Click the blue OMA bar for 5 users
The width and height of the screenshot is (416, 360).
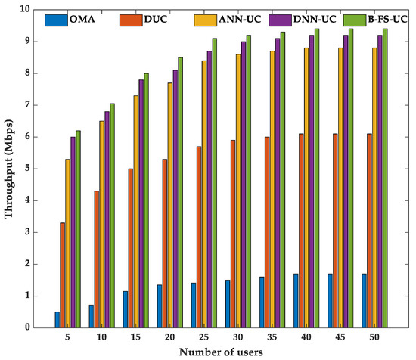pos(57,319)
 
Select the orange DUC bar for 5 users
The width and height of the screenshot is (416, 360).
pos(63,275)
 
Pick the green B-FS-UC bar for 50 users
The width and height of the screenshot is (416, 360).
pos(385,178)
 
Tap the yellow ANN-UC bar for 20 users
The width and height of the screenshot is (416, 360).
pos(170,204)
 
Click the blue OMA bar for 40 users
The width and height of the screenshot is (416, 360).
pos(296,300)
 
